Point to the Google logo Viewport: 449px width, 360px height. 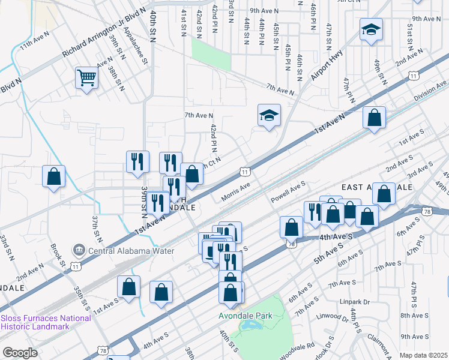[19, 353]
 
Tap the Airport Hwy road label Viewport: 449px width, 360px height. [328, 65]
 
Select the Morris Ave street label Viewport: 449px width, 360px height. [237, 190]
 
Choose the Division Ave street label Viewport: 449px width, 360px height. [430, 92]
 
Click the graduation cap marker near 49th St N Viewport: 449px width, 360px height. [371, 29]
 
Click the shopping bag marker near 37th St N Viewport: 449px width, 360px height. [53, 176]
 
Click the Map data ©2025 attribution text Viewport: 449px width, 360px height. [424, 355]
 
